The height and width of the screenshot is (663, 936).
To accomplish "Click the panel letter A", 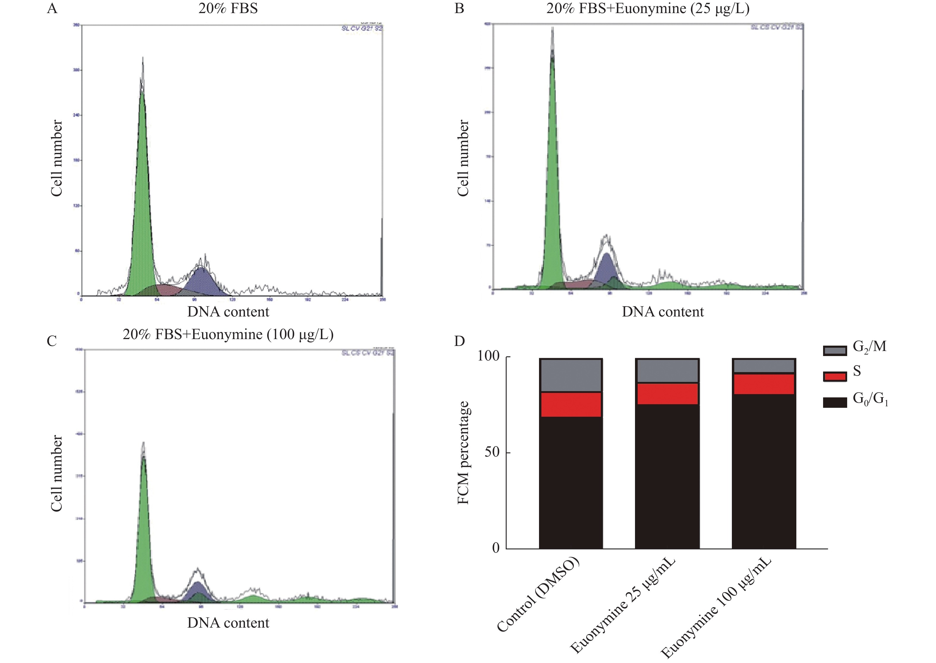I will [x=52, y=8].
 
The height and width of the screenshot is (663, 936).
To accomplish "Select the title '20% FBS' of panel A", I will [x=228, y=8].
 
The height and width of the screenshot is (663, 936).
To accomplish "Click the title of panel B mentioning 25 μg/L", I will [x=648, y=8].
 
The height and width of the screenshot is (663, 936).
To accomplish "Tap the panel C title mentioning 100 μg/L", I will [x=228, y=334].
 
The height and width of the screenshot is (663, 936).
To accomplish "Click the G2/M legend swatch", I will [x=834, y=350].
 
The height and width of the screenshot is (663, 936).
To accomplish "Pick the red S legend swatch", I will [x=834, y=376].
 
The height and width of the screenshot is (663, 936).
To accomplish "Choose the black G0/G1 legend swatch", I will [x=834, y=402].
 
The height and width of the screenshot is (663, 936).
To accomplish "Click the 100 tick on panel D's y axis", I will [x=488, y=356].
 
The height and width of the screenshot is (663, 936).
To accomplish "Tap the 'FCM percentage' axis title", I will [x=463, y=452].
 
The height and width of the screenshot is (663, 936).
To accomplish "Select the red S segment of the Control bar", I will [x=571, y=404].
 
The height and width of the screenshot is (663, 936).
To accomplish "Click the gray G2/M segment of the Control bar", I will [x=571, y=375].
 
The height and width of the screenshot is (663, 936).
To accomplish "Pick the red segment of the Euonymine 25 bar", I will [x=667, y=394].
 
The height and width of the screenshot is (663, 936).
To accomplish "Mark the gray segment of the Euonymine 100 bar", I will [x=763, y=366].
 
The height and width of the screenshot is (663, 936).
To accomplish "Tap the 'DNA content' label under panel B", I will [x=662, y=312].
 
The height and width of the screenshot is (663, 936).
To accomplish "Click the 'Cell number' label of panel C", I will [x=56, y=473].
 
